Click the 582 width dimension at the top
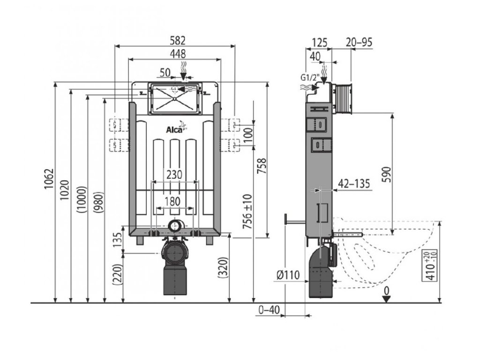coord(174,41)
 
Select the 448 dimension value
coord(174,53)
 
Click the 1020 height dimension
coord(65,190)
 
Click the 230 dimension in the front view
coord(174,174)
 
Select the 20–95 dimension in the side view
coord(359,42)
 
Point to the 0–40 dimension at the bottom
coord(269,309)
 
